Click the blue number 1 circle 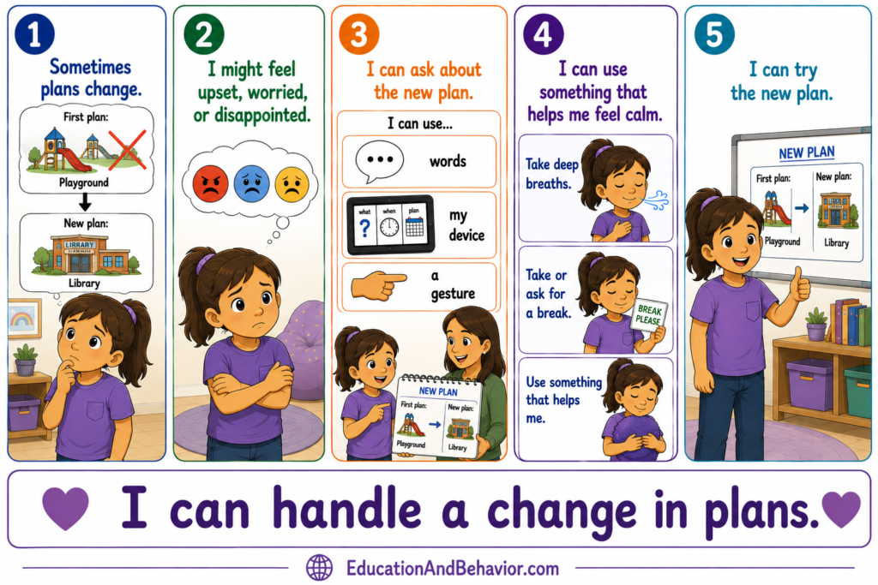(34, 33)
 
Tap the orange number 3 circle (359, 33)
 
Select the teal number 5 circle (714, 33)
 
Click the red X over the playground (127, 149)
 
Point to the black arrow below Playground (85, 202)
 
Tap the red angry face (211, 183)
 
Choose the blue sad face (252, 183)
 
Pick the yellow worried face (292, 184)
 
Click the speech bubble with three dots (379, 161)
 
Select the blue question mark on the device (364, 228)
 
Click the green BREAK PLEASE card (649, 316)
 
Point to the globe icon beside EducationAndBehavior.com (319, 568)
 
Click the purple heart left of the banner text (65, 508)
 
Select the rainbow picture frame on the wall (24, 319)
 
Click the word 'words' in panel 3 (448, 161)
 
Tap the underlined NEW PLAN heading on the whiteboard (806, 152)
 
